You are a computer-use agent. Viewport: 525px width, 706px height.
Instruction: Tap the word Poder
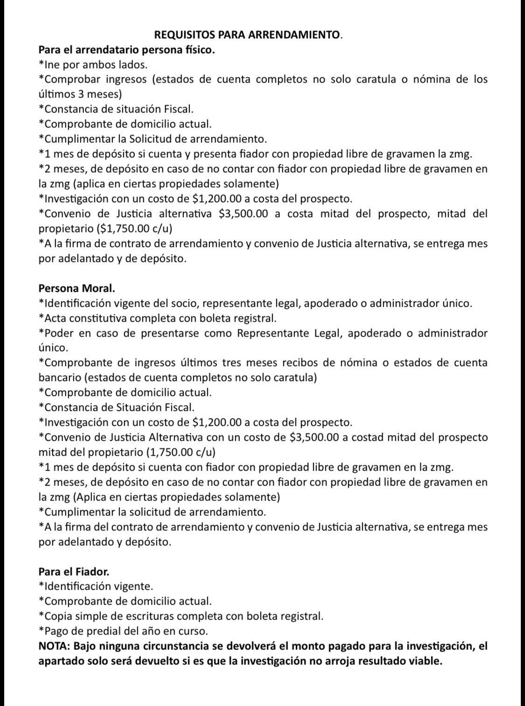(58, 333)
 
